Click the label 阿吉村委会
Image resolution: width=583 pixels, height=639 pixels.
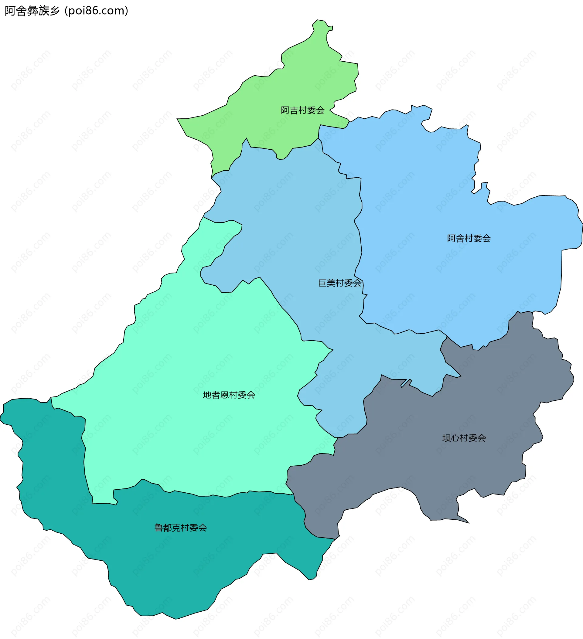(303, 110)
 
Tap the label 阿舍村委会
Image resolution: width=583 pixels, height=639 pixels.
(469, 238)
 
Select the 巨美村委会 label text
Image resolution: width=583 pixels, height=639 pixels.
(339, 283)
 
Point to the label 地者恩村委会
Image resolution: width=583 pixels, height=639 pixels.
(229, 395)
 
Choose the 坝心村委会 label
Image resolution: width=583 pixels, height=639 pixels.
(464, 438)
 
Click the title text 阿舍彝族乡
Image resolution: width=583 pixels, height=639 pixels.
(32, 11)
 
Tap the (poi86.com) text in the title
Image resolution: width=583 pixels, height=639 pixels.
(96, 11)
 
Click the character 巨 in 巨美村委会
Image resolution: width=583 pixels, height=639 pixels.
(322, 283)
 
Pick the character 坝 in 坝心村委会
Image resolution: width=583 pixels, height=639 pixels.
(447, 438)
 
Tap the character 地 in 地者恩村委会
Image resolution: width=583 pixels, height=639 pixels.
(207, 395)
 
